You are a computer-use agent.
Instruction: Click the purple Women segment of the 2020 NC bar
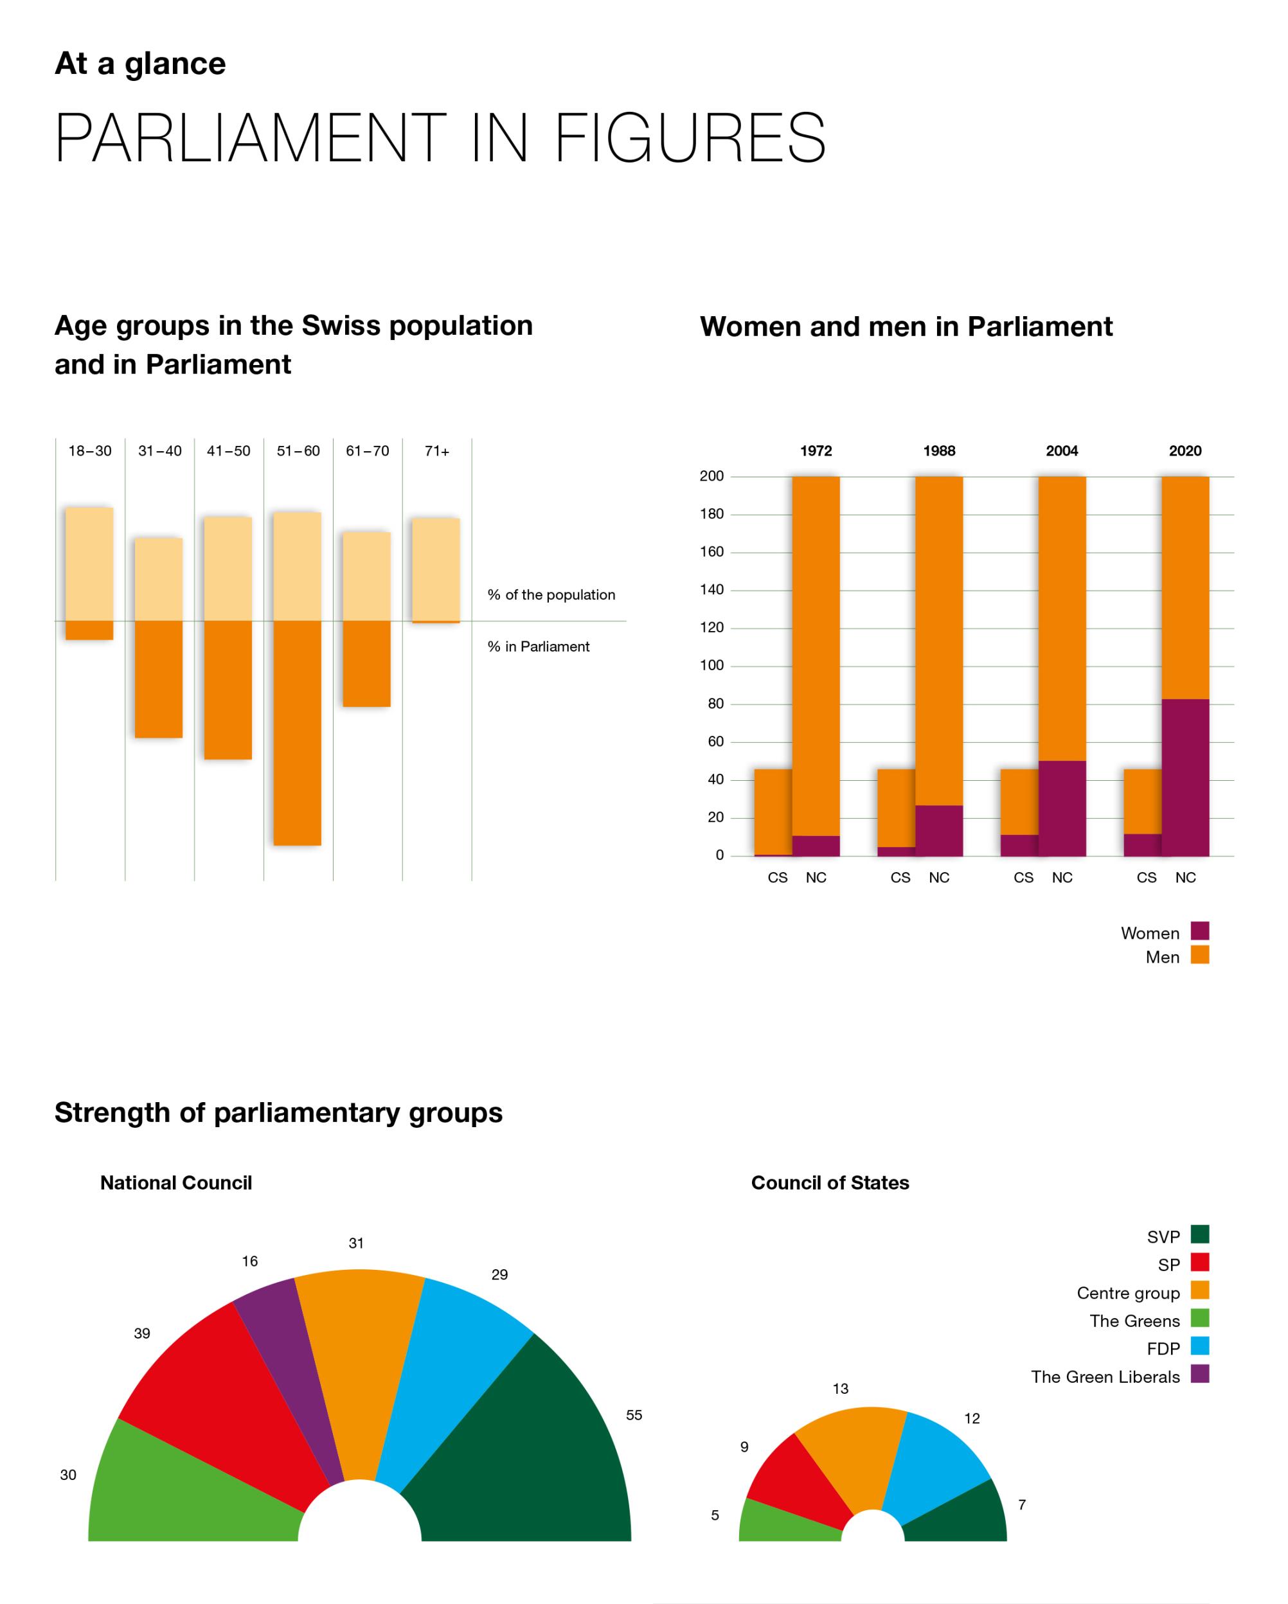click(1185, 778)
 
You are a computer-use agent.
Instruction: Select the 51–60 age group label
click(298, 451)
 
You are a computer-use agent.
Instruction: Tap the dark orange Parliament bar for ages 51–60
click(297, 733)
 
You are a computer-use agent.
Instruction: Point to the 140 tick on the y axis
click(711, 590)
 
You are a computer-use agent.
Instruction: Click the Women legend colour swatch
click(1199, 931)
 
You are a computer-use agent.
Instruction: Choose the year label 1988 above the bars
click(939, 451)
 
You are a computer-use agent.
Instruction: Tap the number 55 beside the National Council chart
click(634, 1415)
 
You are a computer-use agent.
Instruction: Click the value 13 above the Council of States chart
click(840, 1389)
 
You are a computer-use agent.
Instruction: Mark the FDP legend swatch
click(1199, 1345)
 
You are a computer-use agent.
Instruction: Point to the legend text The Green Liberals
click(1105, 1377)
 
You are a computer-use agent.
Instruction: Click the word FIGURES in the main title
click(690, 138)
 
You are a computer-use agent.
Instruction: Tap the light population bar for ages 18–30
click(89, 564)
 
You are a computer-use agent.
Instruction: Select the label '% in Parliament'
click(538, 646)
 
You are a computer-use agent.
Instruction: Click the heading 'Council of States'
click(830, 1183)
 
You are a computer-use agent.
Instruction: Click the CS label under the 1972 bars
click(778, 878)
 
